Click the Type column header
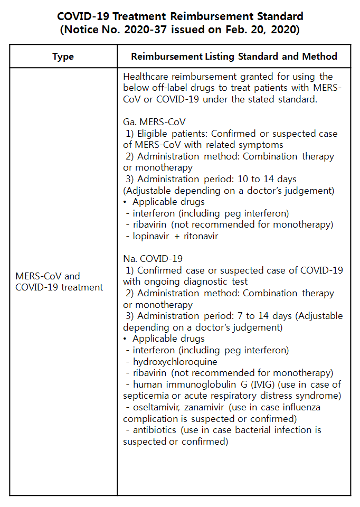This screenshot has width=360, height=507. point(63,57)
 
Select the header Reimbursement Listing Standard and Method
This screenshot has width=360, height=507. point(234,57)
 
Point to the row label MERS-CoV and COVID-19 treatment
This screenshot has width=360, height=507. point(59,281)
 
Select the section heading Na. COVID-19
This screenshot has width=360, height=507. point(153,259)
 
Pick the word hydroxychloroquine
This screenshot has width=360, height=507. point(175,362)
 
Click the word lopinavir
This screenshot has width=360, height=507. point(153,236)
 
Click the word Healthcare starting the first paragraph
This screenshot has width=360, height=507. point(147,77)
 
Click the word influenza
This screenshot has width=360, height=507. point(300,407)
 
